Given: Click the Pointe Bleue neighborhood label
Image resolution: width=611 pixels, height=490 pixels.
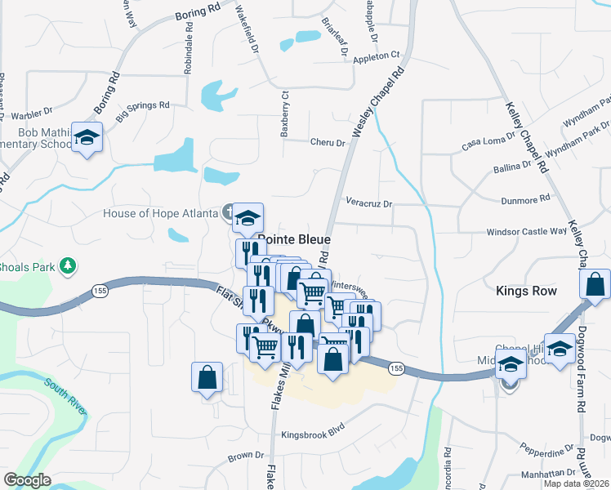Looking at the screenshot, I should [x=294, y=240].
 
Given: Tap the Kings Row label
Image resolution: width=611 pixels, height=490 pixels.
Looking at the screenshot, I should [x=526, y=291].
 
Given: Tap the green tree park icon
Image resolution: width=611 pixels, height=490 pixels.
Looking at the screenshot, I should [x=69, y=267].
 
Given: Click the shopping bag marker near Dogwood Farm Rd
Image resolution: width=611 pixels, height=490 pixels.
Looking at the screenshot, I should [x=595, y=285].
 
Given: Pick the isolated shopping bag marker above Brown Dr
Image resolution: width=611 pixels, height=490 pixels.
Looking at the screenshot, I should [x=207, y=377].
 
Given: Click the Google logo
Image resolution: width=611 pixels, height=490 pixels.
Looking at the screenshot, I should [x=27, y=480].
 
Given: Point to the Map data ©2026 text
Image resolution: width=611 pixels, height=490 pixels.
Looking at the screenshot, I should [x=575, y=483].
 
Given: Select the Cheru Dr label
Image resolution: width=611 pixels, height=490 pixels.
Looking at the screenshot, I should [x=328, y=142].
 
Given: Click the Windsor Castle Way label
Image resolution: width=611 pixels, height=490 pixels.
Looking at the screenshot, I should [x=526, y=232].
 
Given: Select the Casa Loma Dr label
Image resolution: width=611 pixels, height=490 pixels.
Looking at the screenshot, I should [x=489, y=141].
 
